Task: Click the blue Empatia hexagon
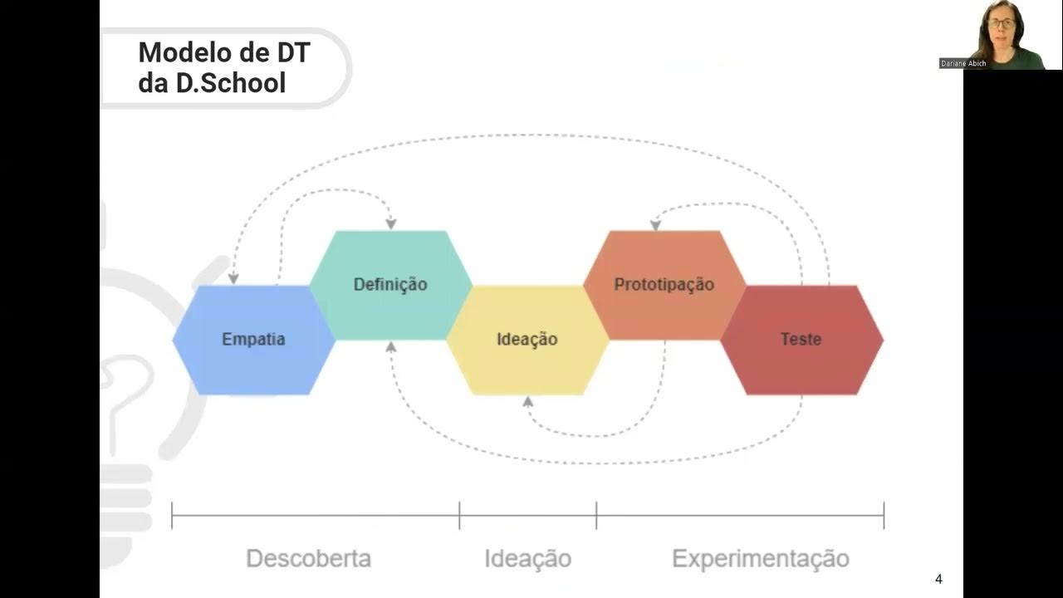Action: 253,339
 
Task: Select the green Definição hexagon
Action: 390,284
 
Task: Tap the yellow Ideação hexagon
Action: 527,339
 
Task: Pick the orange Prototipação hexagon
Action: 664,284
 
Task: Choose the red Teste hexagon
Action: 801,339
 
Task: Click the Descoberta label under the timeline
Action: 308,558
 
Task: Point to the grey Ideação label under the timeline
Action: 528,558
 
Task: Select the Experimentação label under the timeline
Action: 761,558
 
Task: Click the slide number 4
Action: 938,580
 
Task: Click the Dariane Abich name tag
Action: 963,63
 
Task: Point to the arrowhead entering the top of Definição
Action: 390,224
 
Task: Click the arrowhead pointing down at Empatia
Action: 233,278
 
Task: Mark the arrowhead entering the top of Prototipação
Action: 655,224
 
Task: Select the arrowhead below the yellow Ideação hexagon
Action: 527,402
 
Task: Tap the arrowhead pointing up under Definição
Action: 390,346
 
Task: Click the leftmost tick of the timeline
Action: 172,515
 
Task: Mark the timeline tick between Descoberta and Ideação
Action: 459,515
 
